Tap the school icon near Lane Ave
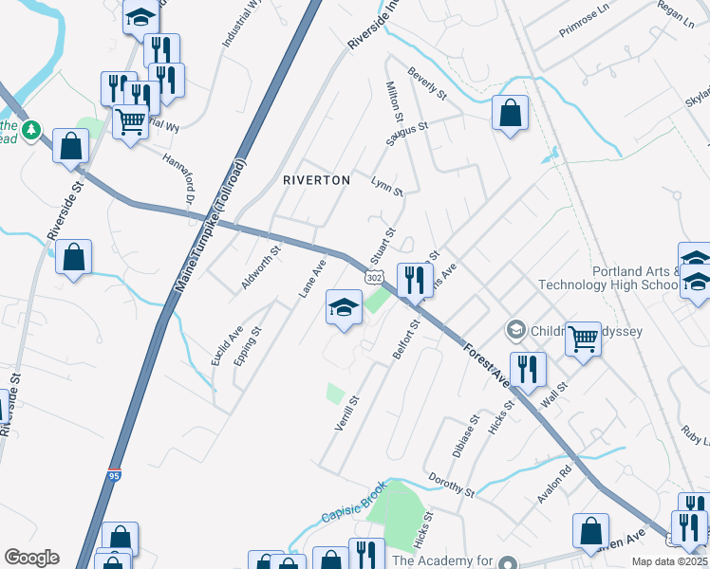(x=344, y=306)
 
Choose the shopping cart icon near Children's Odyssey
(x=583, y=337)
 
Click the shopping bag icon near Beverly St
(x=510, y=113)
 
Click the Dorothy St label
(x=450, y=484)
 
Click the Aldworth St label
(x=260, y=268)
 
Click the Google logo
(x=31, y=558)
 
